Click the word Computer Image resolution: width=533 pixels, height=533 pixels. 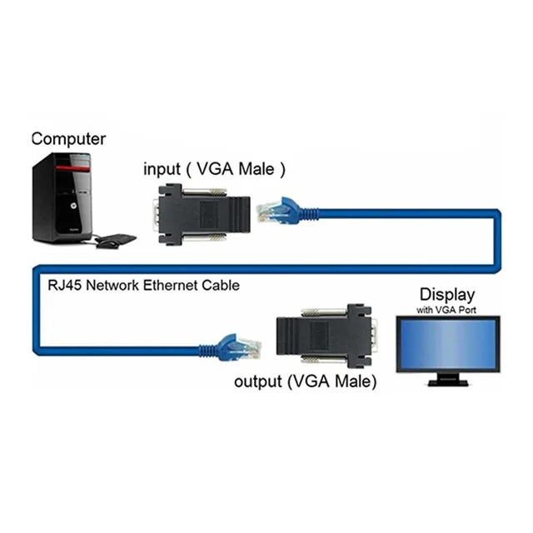tap(68, 139)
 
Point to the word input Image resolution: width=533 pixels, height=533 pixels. tap(162, 169)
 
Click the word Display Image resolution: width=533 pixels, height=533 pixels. tap(446, 294)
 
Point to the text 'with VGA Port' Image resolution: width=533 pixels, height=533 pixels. tap(446, 311)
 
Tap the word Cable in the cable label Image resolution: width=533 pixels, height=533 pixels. tap(219, 285)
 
